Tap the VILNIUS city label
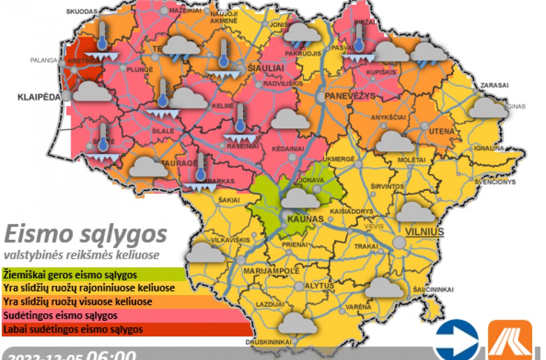425,231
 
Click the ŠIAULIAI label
266,67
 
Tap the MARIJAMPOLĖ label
272,270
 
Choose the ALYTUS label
320,286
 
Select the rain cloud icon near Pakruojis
302,35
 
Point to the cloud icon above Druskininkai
297,323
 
